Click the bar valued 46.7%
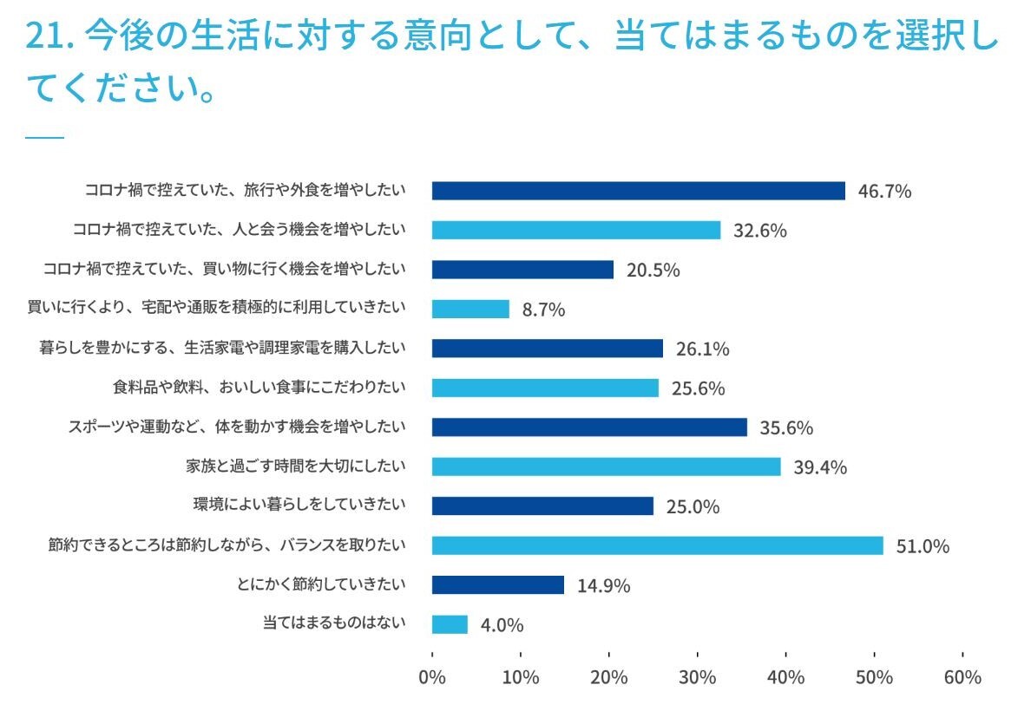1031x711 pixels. point(638,191)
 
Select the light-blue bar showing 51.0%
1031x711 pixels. point(657,545)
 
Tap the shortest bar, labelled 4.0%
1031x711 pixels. point(450,624)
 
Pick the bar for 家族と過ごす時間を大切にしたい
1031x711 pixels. point(606,466)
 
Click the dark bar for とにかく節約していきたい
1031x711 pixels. point(497,584)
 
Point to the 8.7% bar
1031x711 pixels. point(470,309)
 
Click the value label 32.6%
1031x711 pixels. point(759,231)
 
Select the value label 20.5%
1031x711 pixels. point(653,271)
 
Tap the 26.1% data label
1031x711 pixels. point(702,349)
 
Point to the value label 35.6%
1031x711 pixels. point(786,428)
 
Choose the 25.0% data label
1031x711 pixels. point(693,507)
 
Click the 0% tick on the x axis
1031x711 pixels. point(432,677)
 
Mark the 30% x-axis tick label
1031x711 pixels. point(698,677)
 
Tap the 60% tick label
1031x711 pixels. point(962,677)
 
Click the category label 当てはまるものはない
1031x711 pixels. point(334,623)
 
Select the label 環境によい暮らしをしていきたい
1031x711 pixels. point(299,505)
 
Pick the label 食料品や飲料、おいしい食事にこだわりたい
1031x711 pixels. point(259,387)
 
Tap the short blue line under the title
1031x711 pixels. point(45,137)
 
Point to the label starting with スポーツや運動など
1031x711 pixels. point(237,427)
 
